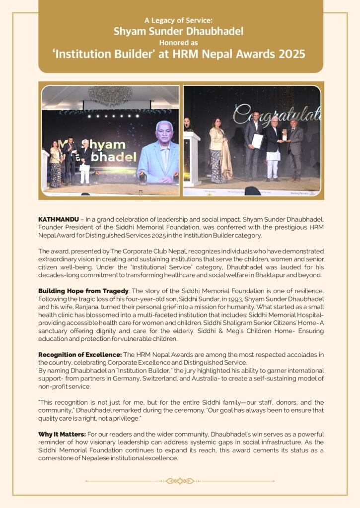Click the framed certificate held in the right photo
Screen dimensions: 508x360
point(257,141)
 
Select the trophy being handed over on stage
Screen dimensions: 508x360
point(285,135)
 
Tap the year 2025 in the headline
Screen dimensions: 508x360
point(291,54)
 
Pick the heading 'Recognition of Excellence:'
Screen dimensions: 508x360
point(79,354)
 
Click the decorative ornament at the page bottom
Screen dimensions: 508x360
point(180,481)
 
